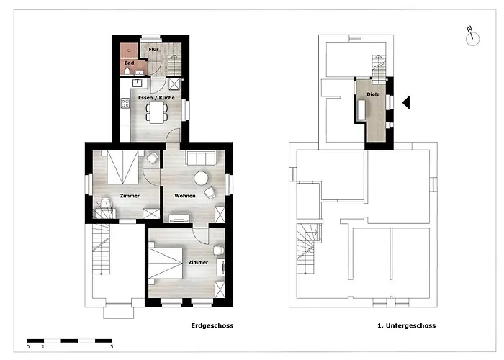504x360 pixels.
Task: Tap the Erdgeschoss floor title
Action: point(212,325)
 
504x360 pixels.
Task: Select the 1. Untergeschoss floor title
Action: point(406,325)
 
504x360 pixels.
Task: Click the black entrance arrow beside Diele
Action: point(406,103)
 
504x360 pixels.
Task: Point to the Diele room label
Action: point(373,94)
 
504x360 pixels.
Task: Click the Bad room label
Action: point(129,63)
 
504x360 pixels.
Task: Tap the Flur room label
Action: point(153,50)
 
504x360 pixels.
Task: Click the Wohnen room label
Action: point(185,195)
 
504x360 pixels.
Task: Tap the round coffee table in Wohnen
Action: point(200,176)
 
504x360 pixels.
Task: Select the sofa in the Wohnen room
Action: point(200,158)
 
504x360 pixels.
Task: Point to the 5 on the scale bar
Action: point(111,347)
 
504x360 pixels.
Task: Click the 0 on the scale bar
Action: point(28,347)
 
